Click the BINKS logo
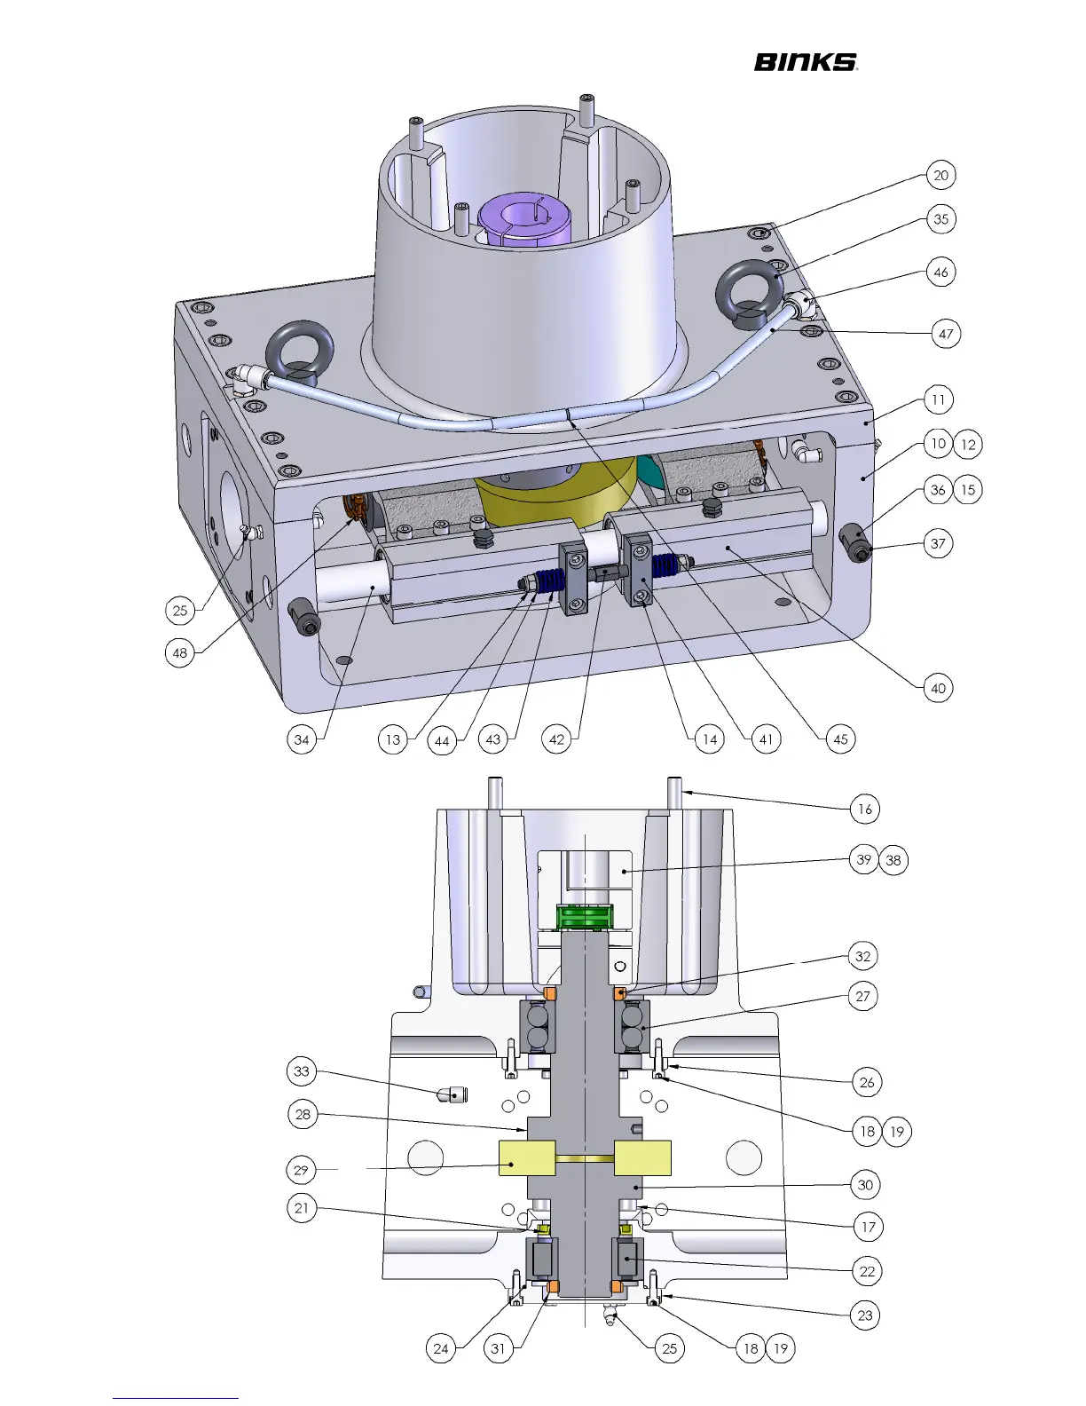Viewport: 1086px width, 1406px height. coord(806,62)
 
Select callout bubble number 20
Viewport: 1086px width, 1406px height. coord(940,176)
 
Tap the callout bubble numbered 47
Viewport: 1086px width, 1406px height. coord(946,334)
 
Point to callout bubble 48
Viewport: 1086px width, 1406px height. coord(180,652)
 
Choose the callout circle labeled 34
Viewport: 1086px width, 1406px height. coord(302,739)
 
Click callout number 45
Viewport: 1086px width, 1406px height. coord(840,739)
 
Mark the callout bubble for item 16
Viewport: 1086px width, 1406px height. coord(865,809)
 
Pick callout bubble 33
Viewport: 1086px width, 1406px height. coord(302,1070)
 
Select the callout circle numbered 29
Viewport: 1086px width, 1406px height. coord(301,1170)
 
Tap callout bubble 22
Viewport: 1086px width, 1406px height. coord(867,1271)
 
